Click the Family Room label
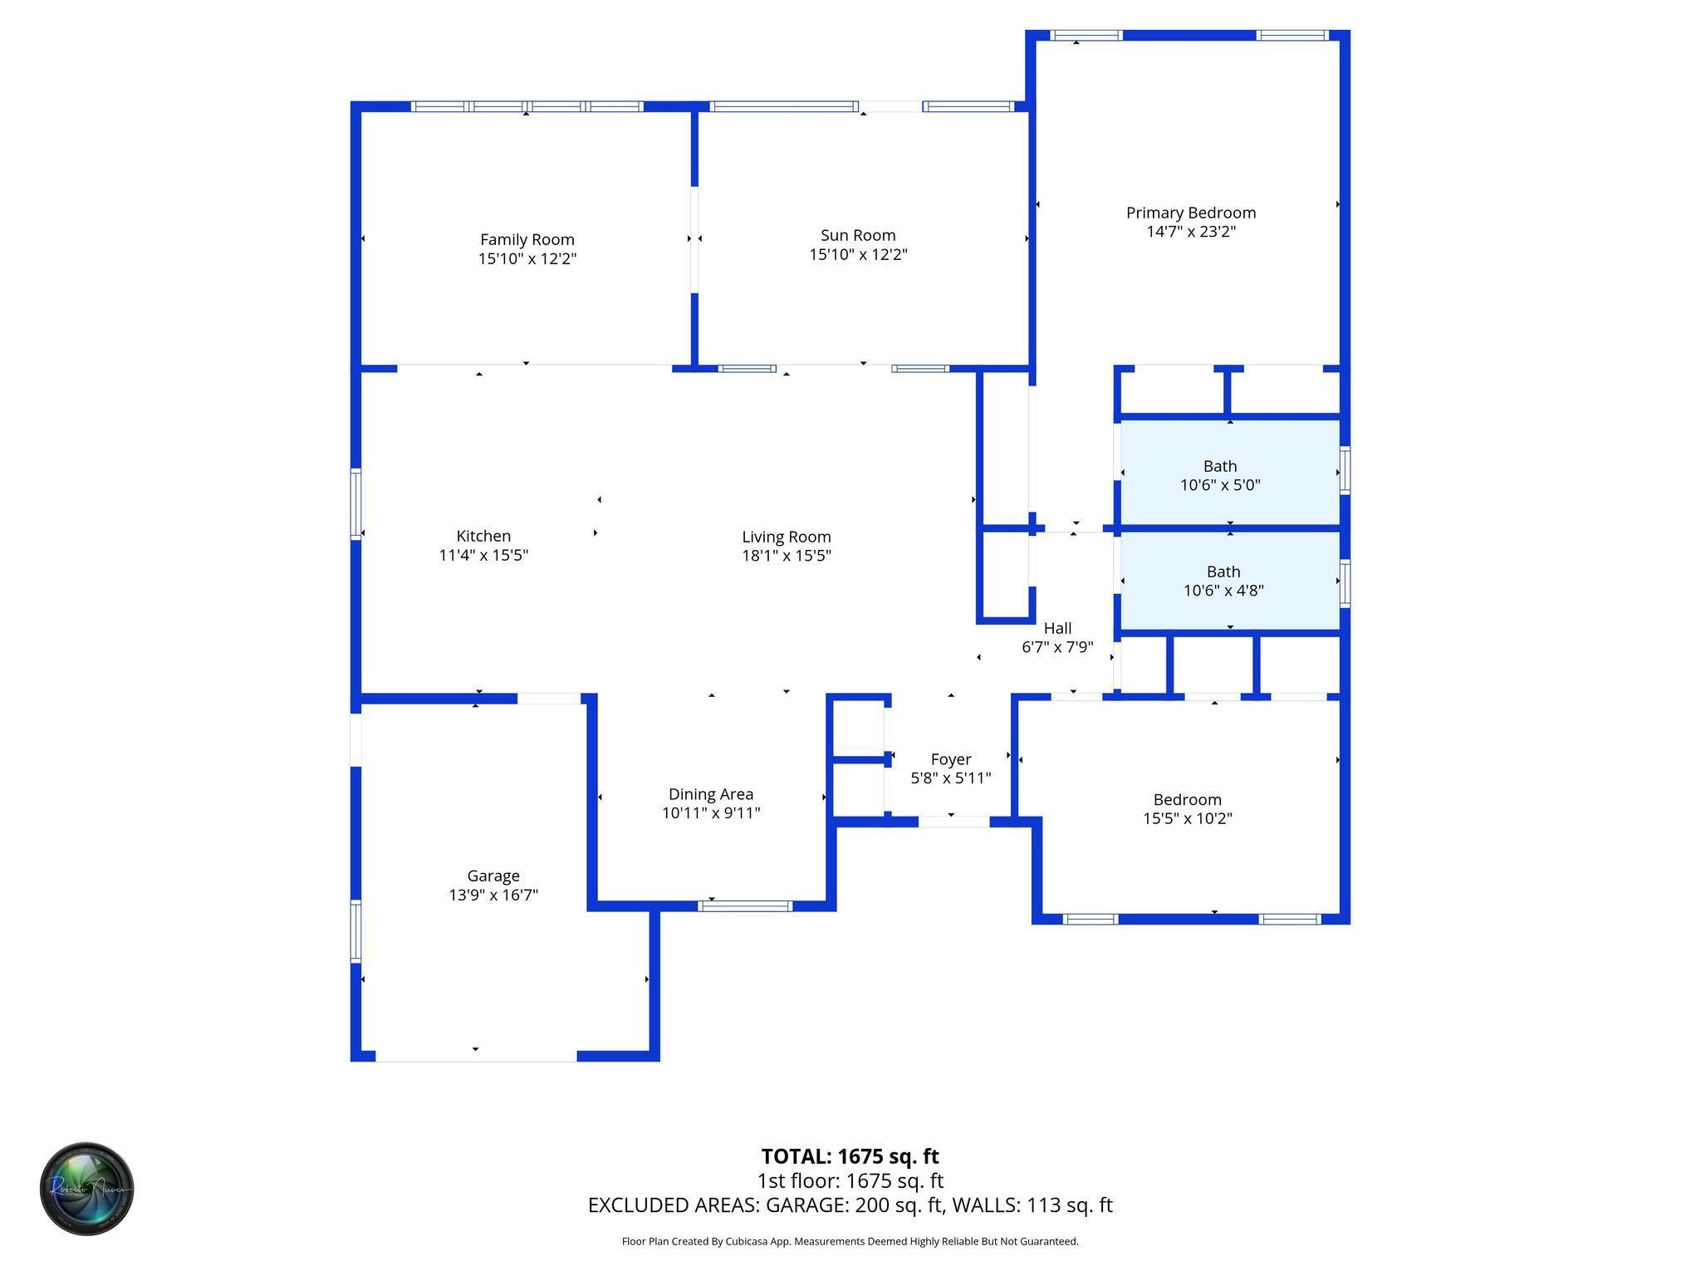[527, 240]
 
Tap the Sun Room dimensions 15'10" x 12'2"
[858, 254]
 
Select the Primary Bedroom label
[1190, 213]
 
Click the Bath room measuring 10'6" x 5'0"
[1220, 476]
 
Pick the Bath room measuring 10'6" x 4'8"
[1223, 582]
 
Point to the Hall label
[1057, 628]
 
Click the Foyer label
[950, 759]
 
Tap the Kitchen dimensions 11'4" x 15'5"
[483, 555]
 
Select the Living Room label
[786, 537]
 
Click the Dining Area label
[710, 794]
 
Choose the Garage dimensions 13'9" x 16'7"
[493, 895]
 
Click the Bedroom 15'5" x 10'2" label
[1187, 800]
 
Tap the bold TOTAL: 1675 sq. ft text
[850, 1156]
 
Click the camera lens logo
[87, 1189]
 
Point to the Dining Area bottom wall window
[745, 905]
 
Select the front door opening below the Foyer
[953, 822]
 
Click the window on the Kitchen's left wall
[355, 504]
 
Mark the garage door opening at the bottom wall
[476, 1056]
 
